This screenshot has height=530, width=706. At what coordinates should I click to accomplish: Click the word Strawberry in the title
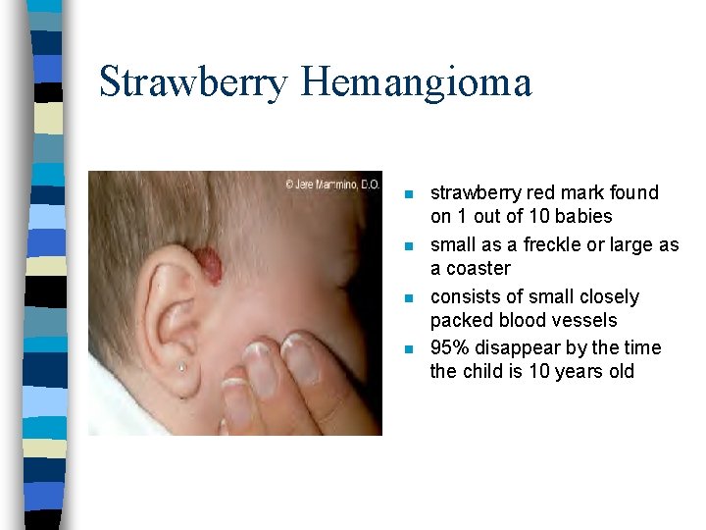click(193, 81)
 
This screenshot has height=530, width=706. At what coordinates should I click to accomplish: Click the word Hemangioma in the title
click(416, 81)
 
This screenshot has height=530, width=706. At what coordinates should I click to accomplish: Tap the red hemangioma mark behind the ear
click(208, 266)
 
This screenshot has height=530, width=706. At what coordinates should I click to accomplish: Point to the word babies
click(582, 216)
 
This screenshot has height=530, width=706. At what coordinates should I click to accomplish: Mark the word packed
click(460, 320)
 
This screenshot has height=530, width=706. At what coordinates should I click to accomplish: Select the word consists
click(466, 296)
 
